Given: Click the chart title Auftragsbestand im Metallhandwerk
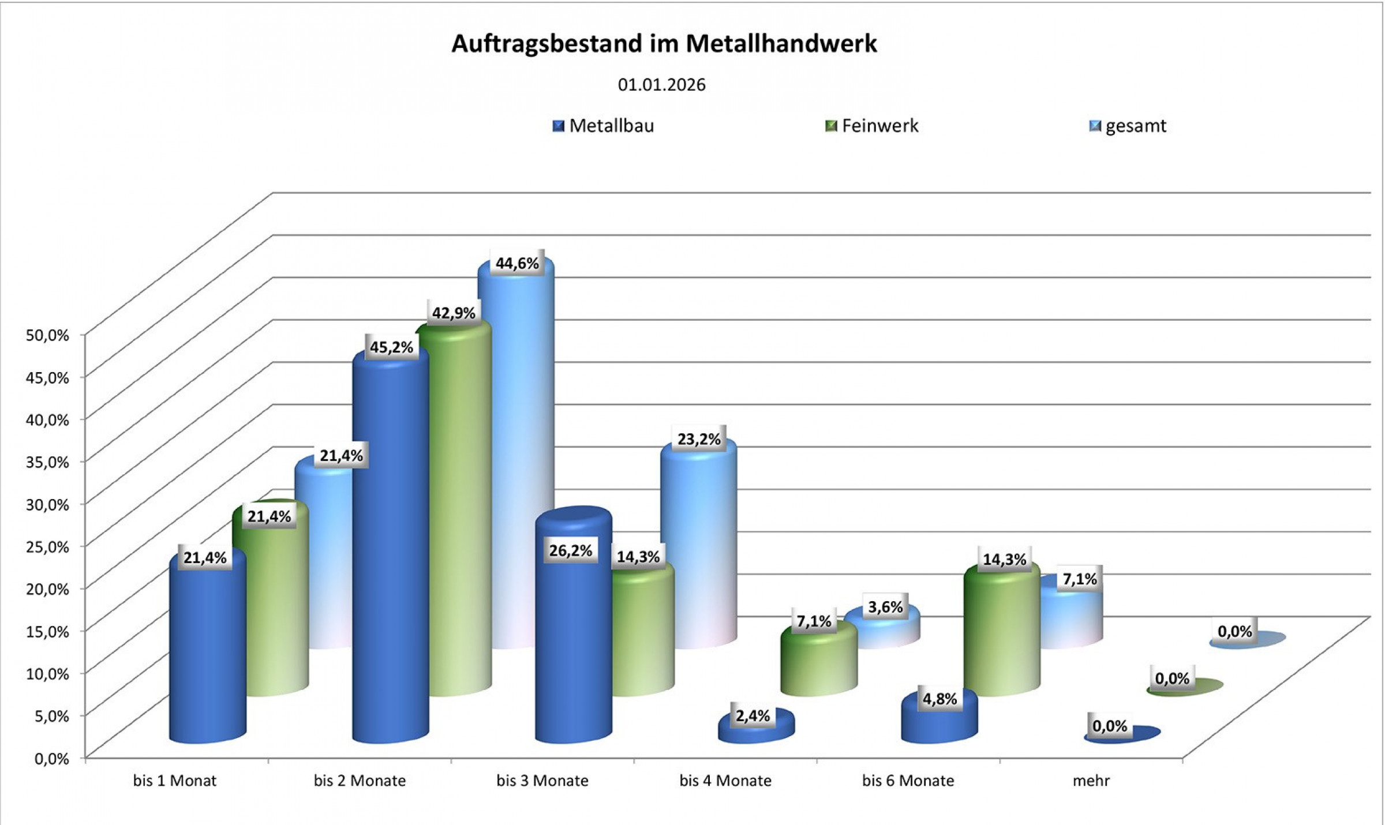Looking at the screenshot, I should coord(664,44).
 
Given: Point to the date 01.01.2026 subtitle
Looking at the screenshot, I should coord(661,85).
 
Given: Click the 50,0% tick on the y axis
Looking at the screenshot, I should coord(47,335).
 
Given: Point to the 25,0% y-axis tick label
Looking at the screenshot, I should coord(47,546).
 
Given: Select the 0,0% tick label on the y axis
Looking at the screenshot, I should coord(51,758).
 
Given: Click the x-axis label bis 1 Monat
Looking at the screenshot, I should coord(174,781).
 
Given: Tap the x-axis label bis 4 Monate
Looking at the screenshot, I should coord(725,781).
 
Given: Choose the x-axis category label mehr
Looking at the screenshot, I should coord(1091,781).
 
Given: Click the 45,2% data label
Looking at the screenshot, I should coord(391,347).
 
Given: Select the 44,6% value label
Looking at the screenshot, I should coord(517,264).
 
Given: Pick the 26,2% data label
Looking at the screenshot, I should coord(570,551).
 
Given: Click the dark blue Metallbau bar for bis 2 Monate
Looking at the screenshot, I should coord(390,548).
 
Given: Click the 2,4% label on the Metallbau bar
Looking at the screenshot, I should coord(753,716).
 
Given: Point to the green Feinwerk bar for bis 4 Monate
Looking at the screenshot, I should coord(818,663).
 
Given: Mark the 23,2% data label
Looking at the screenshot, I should coord(699,440).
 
